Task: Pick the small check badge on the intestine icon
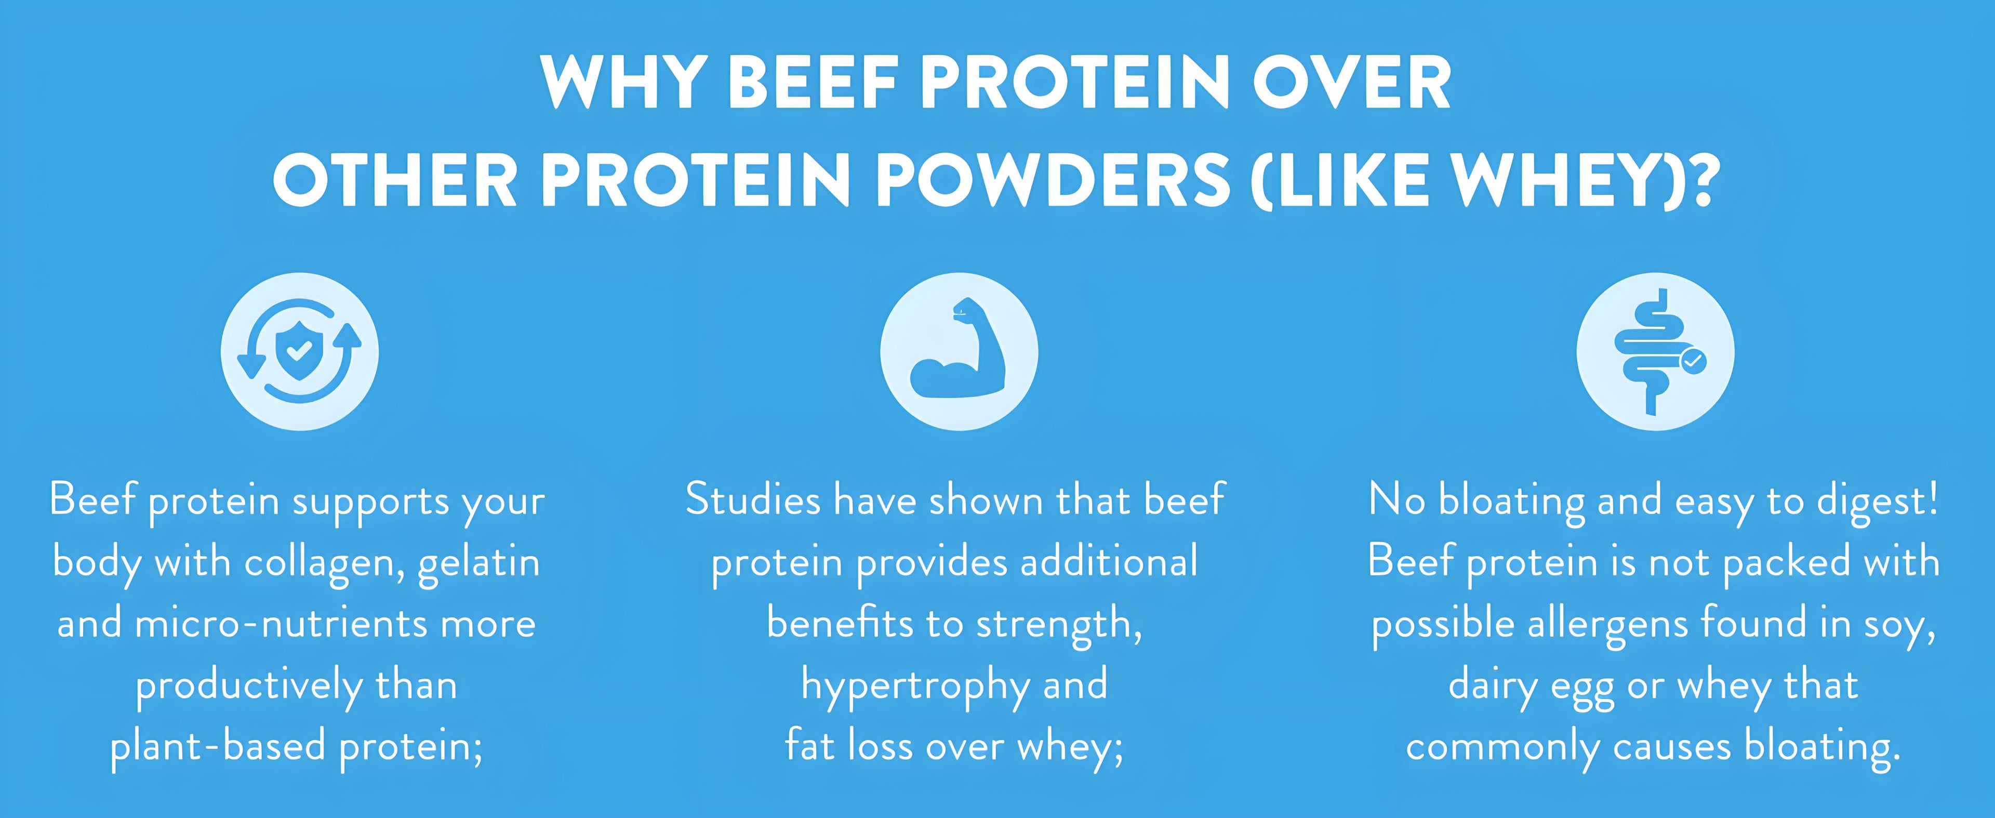1693,360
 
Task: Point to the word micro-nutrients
281,624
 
